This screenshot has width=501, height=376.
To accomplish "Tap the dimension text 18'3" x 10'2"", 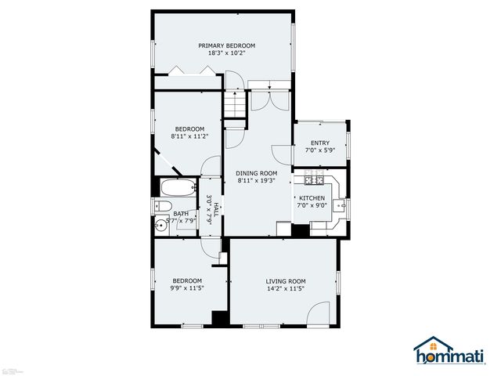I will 226,54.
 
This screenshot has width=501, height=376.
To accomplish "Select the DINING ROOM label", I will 257,173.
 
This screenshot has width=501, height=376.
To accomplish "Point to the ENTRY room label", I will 319,143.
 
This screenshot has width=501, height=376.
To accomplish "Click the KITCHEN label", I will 311,198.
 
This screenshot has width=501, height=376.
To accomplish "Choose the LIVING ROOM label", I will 285,281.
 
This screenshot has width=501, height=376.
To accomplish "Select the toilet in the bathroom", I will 162,206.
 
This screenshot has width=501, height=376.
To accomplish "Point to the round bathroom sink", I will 160,222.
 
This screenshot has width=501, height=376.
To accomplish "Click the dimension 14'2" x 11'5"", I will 285,289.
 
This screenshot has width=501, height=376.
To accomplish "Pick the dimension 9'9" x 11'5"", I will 186,289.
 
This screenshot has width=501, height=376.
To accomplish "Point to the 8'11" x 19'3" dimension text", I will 257,181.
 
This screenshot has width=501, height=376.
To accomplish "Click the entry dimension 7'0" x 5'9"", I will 319,150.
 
